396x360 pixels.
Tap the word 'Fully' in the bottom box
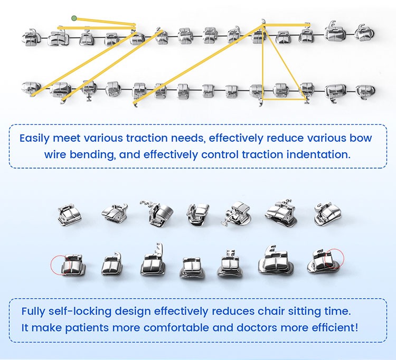click(x=34, y=311)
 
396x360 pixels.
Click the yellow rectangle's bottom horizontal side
click(x=284, y=98)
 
